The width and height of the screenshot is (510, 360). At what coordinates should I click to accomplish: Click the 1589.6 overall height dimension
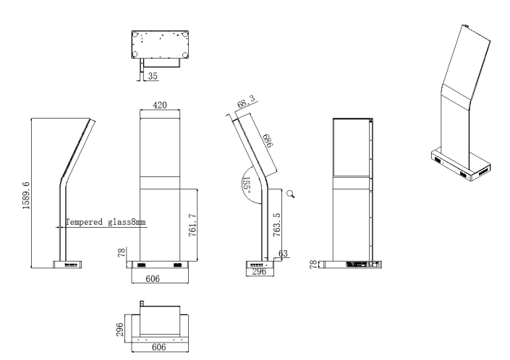tap(27, 193)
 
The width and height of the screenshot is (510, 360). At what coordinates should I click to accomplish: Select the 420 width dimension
tap(160, 106)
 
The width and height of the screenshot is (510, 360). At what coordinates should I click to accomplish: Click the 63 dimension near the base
tap(284, 254)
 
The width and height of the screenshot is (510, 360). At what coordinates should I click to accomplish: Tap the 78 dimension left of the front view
tap(121, 253)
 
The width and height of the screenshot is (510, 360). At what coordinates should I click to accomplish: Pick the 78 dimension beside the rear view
tap(313, 265)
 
